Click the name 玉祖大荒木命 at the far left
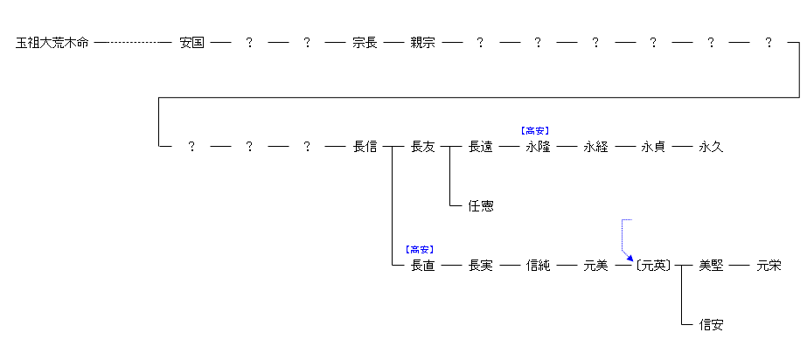click(x=52, y=42)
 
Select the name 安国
click(x=191, y=42)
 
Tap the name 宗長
click(x=365, y=42)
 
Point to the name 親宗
click(x=422, y=42)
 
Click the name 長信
click(x=365, y=147)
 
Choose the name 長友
click(x=422, y=147)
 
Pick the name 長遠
click(x=480, y=147)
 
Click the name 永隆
click(x=538, y=147)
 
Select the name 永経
click(x=595, y=147)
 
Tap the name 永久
click(x=711, y=147)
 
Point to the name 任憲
click(x=480, y=206)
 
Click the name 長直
click(x=422, y=266)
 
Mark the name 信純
click(x=538, y=266)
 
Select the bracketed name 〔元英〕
click(x=653, y=266)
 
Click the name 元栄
click(x=769, y=266)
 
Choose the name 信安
click(x=711, y=325)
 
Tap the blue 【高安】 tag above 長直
click(x=421, y=249)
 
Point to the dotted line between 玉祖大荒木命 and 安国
click(x=133, y=42)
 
